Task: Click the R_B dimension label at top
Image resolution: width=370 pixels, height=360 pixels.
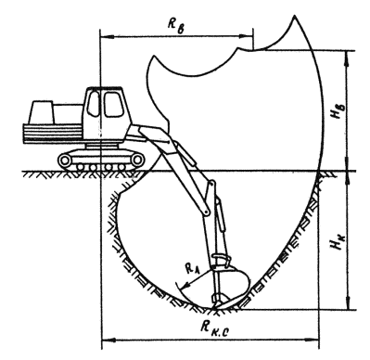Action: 176,25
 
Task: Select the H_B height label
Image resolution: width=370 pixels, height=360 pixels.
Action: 336,111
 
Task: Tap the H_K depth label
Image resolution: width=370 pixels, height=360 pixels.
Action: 336,241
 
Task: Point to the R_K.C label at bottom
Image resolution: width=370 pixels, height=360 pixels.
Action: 215,328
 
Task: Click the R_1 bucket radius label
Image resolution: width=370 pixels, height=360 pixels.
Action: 192,268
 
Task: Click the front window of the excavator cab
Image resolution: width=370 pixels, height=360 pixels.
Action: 113,104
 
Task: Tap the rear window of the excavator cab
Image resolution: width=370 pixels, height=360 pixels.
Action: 93,104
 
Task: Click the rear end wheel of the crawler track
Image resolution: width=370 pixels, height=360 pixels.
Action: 65,160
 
